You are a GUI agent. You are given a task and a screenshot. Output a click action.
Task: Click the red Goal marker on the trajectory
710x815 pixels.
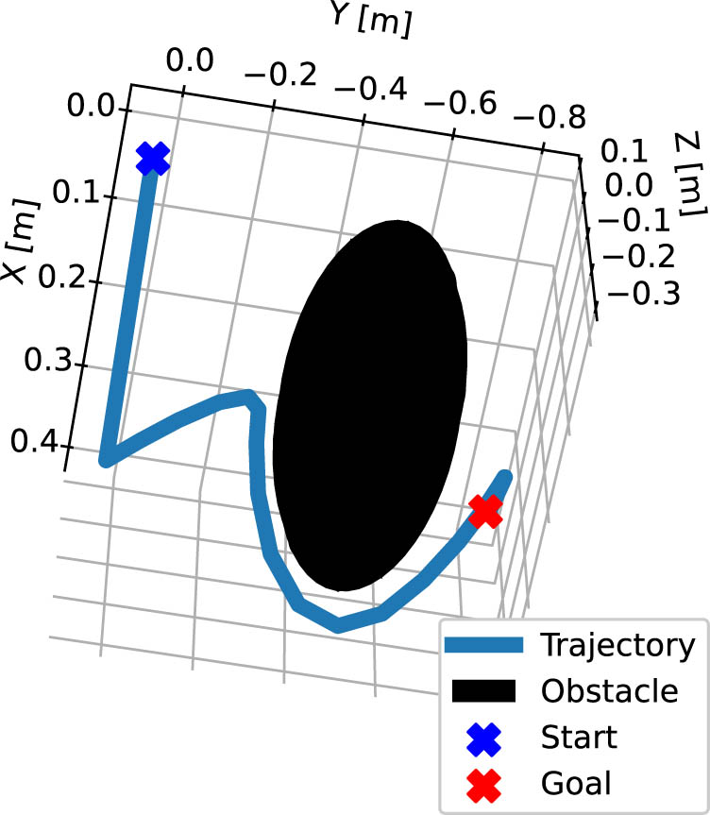pyautogui.click(x=485, y=512)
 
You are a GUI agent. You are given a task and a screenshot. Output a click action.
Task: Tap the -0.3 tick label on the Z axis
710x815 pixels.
pyautogui.click(x=645, y=294)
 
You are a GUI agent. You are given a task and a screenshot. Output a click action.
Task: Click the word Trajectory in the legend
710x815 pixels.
pyautogui.click(x=617, y=646)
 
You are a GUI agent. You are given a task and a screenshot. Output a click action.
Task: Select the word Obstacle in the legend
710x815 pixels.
pyautogui.click(x=609, y=691)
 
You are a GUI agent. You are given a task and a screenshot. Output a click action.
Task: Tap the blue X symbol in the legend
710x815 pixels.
pyautogui.click(x=483, y=737)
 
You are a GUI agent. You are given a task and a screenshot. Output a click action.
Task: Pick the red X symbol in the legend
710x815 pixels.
pyautogui.click(x=483, y=782)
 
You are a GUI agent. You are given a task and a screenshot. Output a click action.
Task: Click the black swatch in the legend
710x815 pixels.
pyautogui.click(x=483, y=691)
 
